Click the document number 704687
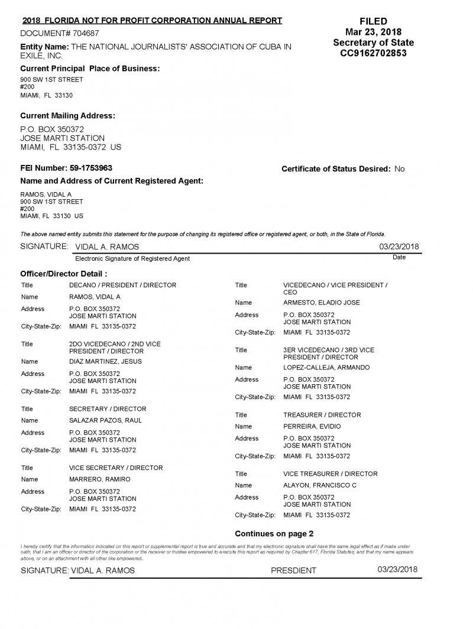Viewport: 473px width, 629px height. coord(82,33)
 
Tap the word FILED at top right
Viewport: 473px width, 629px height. coord(373,21)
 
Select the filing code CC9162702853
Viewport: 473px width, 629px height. coord(373,53)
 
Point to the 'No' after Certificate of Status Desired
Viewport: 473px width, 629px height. coord(400,169)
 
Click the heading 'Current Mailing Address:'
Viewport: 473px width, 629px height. coord(68,116)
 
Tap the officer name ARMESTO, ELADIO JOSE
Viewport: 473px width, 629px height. coord(322,303)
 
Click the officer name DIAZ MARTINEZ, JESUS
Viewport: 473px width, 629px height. coord(106,361)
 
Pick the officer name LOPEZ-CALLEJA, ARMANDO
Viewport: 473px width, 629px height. coord(326,368)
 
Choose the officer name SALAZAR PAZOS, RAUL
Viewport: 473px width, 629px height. coord(105,420)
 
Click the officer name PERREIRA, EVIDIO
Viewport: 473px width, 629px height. coord(312,426)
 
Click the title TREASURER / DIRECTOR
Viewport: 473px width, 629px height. coord(322,415)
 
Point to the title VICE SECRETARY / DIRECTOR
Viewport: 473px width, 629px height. coord(116,468)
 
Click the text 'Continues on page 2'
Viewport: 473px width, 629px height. coord(274,534)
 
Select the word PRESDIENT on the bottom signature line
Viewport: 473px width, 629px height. coord(294,571)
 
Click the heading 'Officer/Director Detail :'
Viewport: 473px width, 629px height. coord(64,274)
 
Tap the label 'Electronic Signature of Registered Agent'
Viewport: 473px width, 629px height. coord(132,259)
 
